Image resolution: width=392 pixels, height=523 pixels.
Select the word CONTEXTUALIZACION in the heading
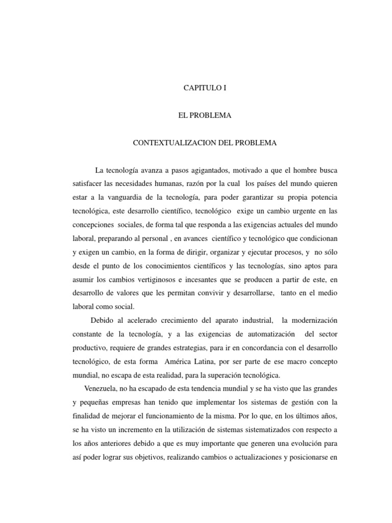(167, 143)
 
